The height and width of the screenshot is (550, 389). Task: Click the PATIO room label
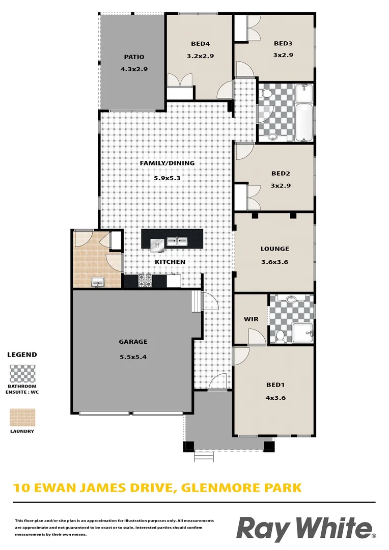tap(134, 57)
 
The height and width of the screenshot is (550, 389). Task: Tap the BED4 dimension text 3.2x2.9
tap(199, 57)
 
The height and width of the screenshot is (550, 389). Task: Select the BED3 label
tap(283, 44)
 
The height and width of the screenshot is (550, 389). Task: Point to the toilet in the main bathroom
tap(266, 94)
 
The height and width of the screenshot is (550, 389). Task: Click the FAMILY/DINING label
tap(168, 163)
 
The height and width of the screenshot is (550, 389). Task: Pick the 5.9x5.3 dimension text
tap(168, 178)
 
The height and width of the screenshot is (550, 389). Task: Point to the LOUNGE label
tap(275, 249)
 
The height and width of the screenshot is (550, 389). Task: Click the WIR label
tap(251, 319)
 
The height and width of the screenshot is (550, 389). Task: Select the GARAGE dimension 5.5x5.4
tap(133, 356)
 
